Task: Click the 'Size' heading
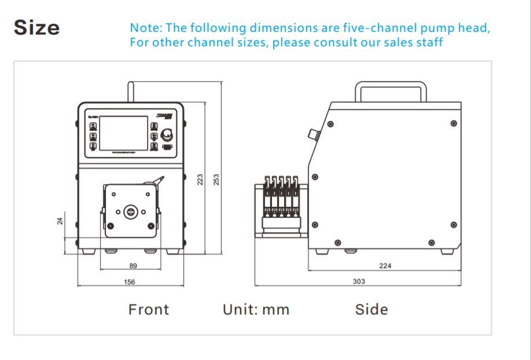tap(36, 27)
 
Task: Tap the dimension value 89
tap(133, 266)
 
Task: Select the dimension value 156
tap(130, 282)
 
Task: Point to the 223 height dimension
tap(200, 179)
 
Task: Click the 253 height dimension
tap(217, 179)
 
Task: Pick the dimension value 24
tap(60, 221)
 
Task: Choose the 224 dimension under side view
tap(385, 266)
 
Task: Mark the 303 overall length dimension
tap(359, 281)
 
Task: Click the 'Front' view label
tap(149, 310)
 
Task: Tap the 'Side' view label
tap(371, 310)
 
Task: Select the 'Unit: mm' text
tap(256, 310)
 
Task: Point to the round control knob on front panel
tap(168, 135)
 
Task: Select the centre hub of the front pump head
tap(130, 211)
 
